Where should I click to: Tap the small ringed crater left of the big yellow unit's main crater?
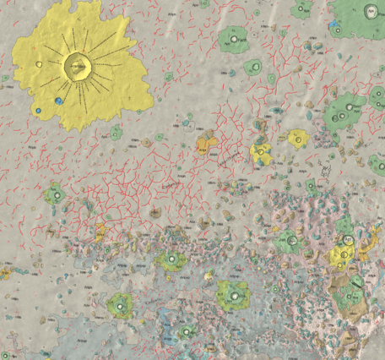tap(41, 64)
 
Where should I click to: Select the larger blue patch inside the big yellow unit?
tap(58, 101)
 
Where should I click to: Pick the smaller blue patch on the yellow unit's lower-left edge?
tap(37, 111)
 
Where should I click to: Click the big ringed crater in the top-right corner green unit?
tap(369, 12)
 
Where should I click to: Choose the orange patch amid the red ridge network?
tap(204, 144)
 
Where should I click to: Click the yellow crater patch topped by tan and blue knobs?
tap(260, 153)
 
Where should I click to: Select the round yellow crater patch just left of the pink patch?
tap(297, 138)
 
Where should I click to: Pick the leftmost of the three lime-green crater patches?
tap(120, 304)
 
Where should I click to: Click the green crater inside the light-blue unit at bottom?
tap(174, 259)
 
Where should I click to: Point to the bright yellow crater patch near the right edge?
tap(342, 253)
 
